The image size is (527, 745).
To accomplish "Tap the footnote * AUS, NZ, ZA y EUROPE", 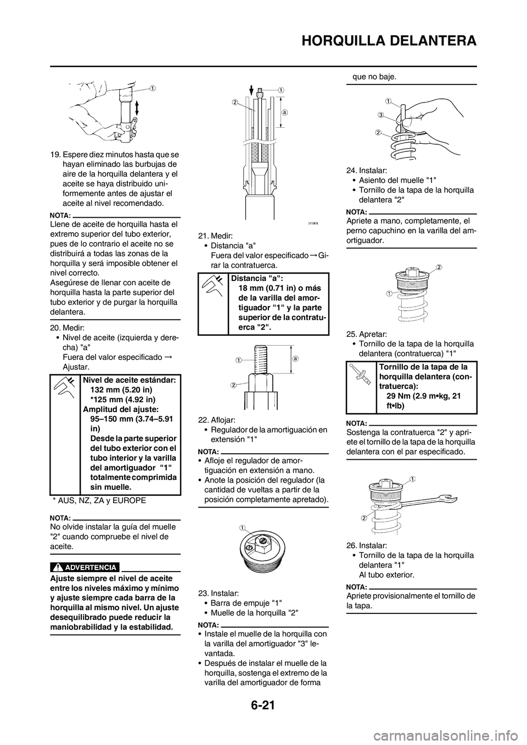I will click(99, 501).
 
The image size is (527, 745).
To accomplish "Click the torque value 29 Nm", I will click(403, 397).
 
